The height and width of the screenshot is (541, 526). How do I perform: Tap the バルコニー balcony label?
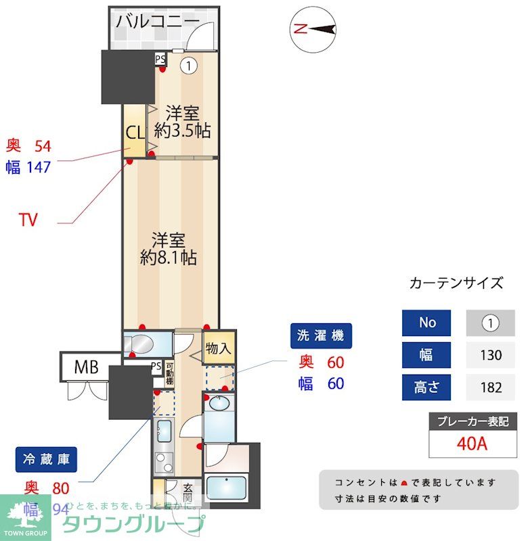(158, 21)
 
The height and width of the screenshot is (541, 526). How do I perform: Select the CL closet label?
(133, 131)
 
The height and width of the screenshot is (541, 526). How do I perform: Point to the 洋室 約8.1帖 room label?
(169, 248)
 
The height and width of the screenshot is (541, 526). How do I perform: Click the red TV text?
(28, 220)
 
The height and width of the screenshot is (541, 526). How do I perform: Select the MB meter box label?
(86, 368)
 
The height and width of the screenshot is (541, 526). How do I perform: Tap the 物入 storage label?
(218, 350)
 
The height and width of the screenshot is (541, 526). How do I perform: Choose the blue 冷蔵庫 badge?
(45, 460)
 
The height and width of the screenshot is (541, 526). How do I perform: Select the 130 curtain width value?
(489, 354)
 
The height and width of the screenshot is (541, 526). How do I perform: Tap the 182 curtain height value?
(489, 387)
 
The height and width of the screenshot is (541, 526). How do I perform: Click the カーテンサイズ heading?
(456, 283)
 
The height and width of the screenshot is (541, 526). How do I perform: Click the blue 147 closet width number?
(38, 167)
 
